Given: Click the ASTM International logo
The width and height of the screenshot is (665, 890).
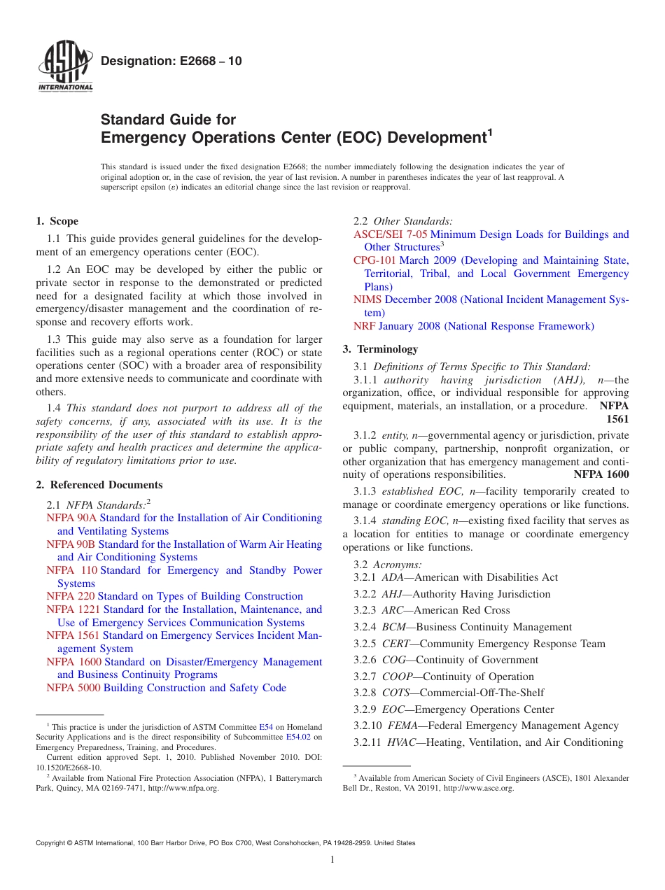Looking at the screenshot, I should (x=65, y=68).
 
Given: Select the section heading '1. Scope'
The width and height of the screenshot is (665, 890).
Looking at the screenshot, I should (x=57, y=221).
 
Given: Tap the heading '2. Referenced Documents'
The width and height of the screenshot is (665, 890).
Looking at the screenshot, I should (x=99, y=485).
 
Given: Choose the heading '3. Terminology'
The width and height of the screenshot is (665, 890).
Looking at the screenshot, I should (x=380, y=349).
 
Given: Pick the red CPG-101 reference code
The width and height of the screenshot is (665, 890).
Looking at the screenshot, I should (x=374, y=261).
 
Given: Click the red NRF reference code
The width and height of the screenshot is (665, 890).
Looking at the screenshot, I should (x=364, y=327).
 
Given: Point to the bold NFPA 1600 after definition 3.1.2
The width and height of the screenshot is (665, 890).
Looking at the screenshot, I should (x=601, y=474).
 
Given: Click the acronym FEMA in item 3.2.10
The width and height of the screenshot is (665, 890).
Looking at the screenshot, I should (x=403, y=726).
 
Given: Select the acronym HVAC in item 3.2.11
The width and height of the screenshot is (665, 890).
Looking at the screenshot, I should (x=401, y=743).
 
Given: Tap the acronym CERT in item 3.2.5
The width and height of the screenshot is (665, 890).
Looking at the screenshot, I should (x=396, y=644).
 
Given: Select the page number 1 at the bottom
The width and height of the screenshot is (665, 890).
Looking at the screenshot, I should (x=332, y=861).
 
